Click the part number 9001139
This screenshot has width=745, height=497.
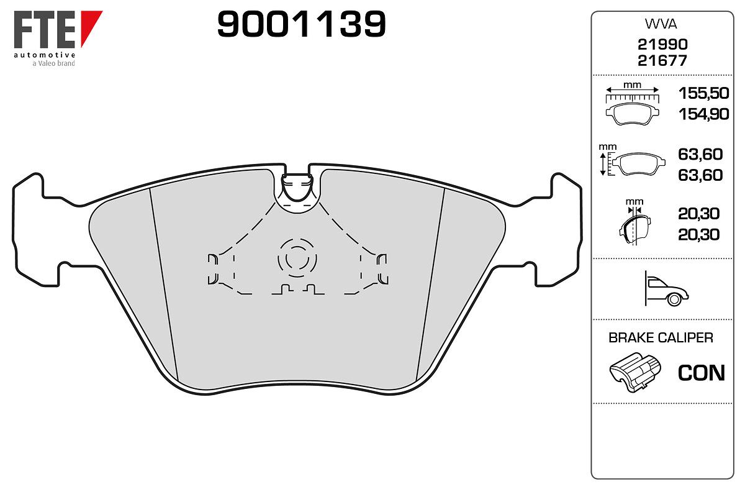(x=301, y=24)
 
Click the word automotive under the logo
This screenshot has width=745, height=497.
(x=45, y=55)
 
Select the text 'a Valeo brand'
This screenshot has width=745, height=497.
(x=53, y=63)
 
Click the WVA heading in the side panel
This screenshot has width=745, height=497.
(x=661, y=24)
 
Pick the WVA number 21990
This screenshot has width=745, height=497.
(x=662, y=44)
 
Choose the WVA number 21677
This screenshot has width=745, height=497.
(x=662, y=61)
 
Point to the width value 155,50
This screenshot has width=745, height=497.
(x=703, y=93)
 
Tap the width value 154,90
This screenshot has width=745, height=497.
(x=703, y=114)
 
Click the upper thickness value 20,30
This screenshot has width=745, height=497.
(x=698, y=214)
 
